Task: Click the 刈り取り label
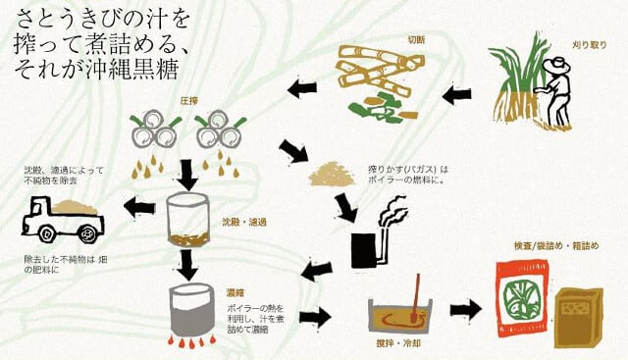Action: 589,45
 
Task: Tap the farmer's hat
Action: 556,66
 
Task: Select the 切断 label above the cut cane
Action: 416,39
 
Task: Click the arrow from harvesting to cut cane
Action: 457,95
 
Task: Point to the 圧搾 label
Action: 189,101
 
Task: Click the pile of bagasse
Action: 332,174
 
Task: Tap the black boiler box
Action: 364,250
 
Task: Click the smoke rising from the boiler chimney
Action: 394,212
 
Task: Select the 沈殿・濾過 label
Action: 244,222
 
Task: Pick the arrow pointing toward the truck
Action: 139,207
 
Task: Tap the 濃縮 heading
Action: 235,292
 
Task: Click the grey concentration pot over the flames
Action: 191,310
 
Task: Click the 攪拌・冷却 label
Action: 398,342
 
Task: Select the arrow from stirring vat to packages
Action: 466,310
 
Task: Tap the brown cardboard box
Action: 578,318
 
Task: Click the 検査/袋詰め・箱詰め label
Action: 556,245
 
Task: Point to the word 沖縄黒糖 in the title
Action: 132,71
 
